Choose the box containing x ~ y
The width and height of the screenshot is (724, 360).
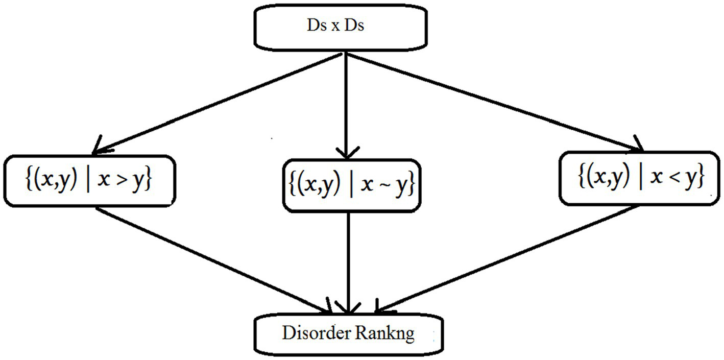(348, 187)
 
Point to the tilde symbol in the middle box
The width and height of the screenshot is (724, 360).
(382, 187)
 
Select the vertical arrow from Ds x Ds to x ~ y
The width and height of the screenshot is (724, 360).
(347, 102)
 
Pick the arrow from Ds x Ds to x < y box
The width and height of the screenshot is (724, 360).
(495, 102)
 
